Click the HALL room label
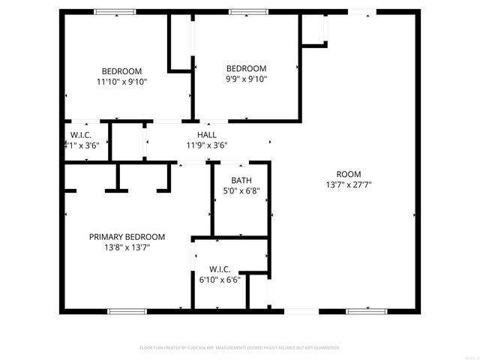click(206, 135)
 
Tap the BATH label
click(241, 180)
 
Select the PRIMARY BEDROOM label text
click(127, 236)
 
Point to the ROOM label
click(349, 173)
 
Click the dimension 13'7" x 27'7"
click(349, 184)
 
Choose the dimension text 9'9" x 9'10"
click(247, 78)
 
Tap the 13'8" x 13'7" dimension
click(127, 247)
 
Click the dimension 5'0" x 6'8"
click(241, 190)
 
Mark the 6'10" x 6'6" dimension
click(220, 280)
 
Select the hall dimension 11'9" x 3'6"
click(206, 145)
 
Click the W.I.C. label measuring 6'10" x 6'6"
click(220, 269)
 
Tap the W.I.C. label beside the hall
click(81, 135)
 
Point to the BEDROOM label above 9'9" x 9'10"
click(247, 67)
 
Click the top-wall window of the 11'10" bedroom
click(115, 11)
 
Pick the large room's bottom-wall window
click(367, 311)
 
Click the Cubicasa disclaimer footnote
click(240, 348)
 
